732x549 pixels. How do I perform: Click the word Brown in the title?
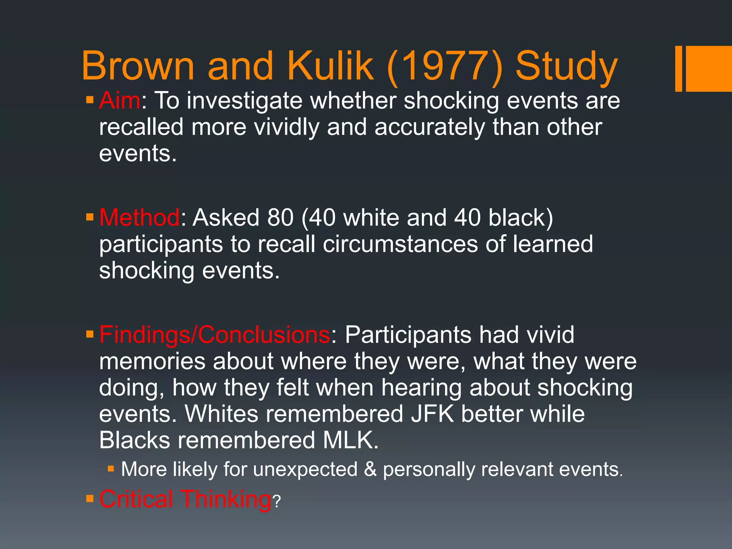point(138,66)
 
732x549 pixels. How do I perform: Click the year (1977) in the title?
point(445,66)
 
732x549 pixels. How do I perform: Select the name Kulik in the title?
point(330,66)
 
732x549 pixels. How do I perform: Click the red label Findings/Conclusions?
point(214,335)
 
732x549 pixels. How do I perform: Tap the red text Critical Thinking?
point(185,499)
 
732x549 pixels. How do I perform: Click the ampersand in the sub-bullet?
point(370,469)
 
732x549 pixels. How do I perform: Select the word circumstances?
point(400,244)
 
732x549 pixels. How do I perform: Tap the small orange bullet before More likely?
point(110,468)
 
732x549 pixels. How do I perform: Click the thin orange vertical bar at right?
point(678,69)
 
